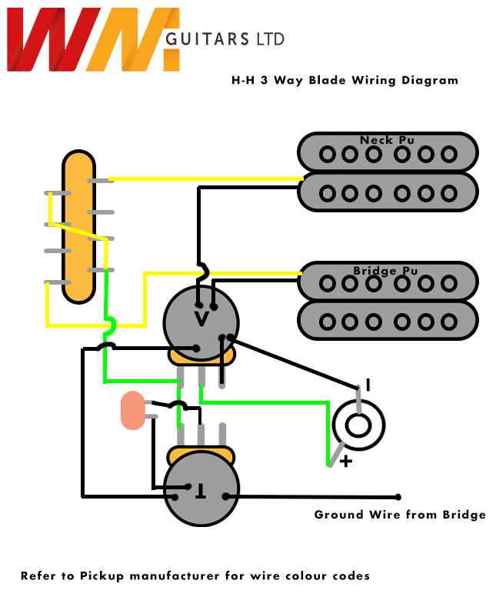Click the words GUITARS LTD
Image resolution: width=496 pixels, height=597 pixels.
[224, 38]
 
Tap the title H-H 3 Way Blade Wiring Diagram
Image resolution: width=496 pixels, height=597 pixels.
[345, 80]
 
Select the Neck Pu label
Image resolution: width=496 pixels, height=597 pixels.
[387, 140]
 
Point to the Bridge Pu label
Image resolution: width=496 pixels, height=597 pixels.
[386, 271]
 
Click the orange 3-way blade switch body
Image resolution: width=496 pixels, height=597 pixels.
[78, 227]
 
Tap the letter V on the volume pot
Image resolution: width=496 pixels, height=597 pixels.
[201, 318]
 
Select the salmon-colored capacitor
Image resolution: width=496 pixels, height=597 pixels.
[133, 410]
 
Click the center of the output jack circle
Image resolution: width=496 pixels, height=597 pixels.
[358, 425]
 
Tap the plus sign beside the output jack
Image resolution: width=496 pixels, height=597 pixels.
[346, 462]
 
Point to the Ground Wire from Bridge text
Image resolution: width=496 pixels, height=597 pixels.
[400, 515]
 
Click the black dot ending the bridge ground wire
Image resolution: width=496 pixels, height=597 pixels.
[398, 496]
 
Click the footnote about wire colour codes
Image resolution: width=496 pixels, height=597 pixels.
[195, 575]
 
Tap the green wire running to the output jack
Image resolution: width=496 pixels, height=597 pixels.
[269, 401]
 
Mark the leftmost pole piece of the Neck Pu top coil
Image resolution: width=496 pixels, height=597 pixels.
[328, 154]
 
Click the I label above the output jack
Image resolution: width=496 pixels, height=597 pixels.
[368, 385]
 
